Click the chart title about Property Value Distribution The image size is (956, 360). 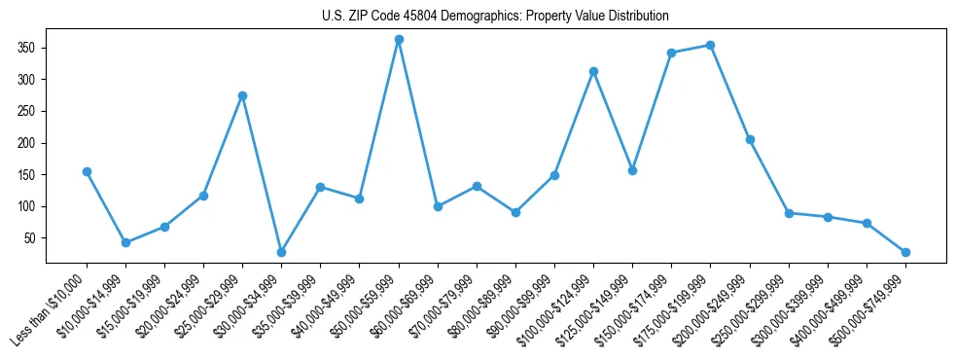tap(495, 16)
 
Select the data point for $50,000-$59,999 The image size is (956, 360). tap(399, 39)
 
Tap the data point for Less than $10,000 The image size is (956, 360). tap(87, 171)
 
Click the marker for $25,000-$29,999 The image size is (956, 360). tap(242, 95)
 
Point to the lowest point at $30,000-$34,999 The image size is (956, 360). tap(281, 252)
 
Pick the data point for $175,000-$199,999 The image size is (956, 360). tap(711, 45)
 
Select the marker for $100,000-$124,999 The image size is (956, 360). tap(593, 71)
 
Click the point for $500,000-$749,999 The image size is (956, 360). tap(905, 252)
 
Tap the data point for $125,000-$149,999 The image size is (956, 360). tap(632, 170)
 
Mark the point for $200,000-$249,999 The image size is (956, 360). tap(750, 139)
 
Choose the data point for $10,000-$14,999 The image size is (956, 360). tap(125, 242)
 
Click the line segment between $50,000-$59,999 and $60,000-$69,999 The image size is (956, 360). tap(418, 123)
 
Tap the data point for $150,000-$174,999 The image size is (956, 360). tap(671, 53)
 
